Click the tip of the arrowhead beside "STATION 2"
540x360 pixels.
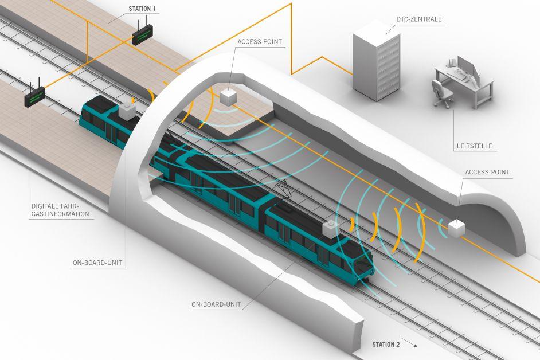coord(417,346)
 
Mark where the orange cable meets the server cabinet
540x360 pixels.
coord(353,74)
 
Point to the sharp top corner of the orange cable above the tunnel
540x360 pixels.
coord(291,4)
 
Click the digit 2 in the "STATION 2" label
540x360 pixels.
coord(398,345)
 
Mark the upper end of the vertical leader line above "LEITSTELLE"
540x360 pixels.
coord(453,110)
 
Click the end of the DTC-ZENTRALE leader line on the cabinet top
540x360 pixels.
coord(386,34)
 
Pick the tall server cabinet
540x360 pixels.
coord(377,62)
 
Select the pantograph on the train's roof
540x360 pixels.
coord(283,189)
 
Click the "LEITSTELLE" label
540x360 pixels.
coord(474,146)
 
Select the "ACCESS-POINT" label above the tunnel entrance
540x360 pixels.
coord(260,42)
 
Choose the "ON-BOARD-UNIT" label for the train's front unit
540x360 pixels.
coord(216,304)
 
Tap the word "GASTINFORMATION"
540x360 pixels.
coord(60,214)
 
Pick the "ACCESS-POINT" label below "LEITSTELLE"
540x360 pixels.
coord(487,172)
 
